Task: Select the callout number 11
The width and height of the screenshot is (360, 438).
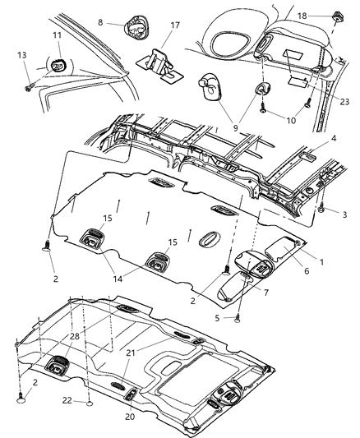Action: tap(57, 36)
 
